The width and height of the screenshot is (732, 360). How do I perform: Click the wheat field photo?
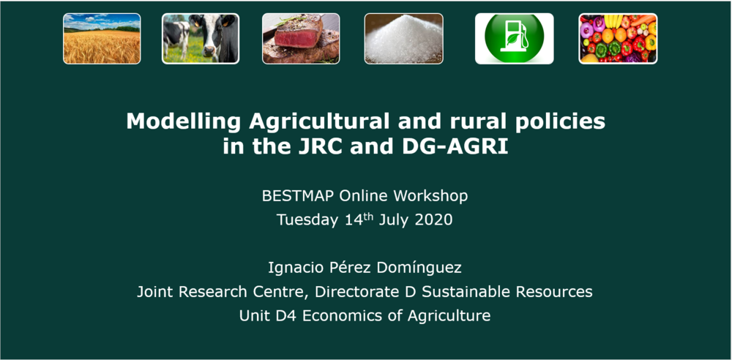(102, 38)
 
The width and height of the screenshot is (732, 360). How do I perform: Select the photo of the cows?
(201, 38)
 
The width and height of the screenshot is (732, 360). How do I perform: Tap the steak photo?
(301, 38)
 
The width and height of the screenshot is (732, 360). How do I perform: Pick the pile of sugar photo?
(403, 38)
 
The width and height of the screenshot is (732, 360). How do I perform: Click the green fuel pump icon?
(514, 38)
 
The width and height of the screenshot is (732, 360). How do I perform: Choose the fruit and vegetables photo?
(618, 38)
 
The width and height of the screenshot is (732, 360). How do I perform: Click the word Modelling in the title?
(184, 122)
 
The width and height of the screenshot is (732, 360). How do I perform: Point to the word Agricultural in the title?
(319, 122)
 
